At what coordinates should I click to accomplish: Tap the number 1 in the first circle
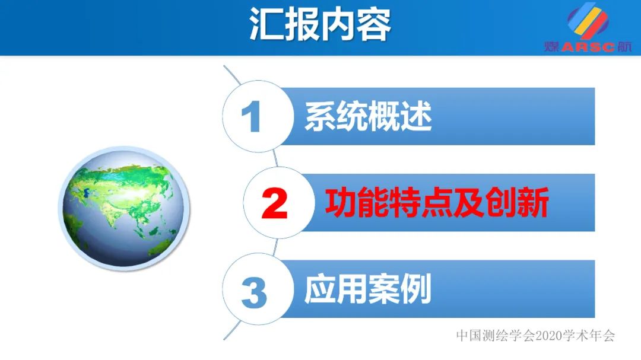[x=252, y=117]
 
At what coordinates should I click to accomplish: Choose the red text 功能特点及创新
[x=436, y=203]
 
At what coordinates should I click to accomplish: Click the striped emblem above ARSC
[x=588, y=22]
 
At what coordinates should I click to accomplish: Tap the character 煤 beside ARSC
[x=551, y=47]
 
